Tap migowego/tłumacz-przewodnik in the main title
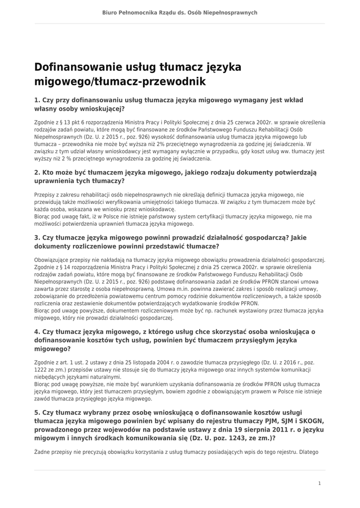pos(120,81)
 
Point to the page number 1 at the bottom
pos(319,483)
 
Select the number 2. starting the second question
pos(37,173)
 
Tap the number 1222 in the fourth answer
pos(42,370)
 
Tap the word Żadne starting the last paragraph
pos(42,452)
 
